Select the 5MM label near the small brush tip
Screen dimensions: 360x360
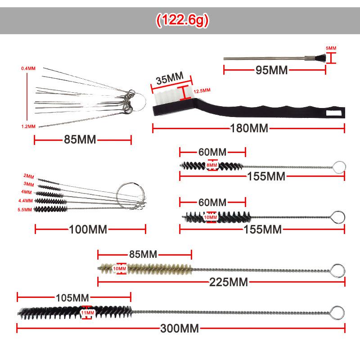click(x=331, y=48)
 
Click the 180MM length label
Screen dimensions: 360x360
click(x=249, y=129)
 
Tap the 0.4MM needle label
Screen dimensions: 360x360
click(x=28, y=68)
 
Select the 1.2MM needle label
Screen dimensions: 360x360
click(x=28, y=126)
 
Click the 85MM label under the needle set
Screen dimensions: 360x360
click(x=80, y=139)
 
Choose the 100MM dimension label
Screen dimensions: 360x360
click(x=88, y=230)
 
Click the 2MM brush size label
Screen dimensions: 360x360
click(x=29, y=175)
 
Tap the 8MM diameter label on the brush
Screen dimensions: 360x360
click(x=211, y=166)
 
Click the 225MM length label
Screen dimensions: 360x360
click(x=229, y=283)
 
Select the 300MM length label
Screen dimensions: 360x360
click(x=180, y=328)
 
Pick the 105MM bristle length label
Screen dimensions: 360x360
click(x=72, y=297)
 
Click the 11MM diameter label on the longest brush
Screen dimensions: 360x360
click(x=87, y=312)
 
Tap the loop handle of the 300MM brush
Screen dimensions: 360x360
click(x=337, y=312)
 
